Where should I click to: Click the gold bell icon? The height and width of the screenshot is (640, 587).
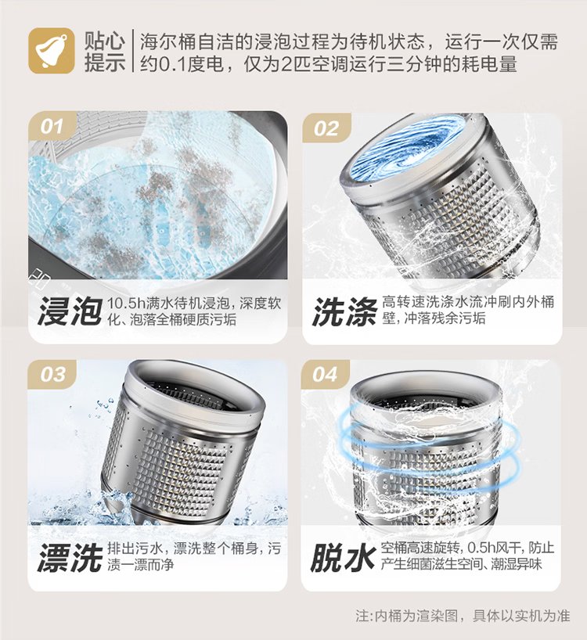pyautogui.click(x=52, y=51)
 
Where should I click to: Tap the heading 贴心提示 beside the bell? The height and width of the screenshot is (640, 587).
pyautogui.click(x=105, y=52)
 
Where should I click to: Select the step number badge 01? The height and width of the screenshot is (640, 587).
pyautogui.click(x=52, y=126)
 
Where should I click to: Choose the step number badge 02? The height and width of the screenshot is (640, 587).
pyautogui.click(x=326, y=128)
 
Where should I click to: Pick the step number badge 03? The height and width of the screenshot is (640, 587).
pyautogui.click(x=52, y=374)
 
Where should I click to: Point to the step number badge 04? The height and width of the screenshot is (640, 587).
pyautogui.click(x=325, y=374)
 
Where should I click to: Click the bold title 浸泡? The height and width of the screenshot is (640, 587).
pyautogui.click(x=70, y=311)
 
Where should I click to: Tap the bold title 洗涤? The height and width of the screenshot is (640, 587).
pyautogui.click(x=345, y=311)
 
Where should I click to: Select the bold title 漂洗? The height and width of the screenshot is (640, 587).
pyautogui.click(x=70, y=558)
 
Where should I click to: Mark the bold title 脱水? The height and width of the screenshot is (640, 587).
pyautogui.click(x=343, y=558)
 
